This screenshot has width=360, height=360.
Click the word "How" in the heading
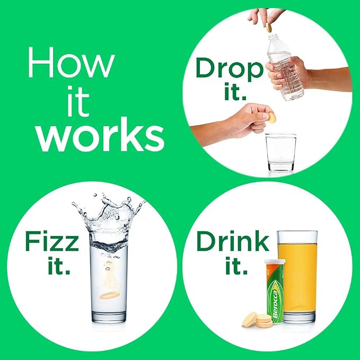pos(71,62)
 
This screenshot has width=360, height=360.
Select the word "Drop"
pos(230,68)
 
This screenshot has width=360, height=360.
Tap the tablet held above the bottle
pos(269,27)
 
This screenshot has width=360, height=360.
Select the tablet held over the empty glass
pos(271,118)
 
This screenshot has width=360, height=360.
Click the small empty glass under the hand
pos(281,153)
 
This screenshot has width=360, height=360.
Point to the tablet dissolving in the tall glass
pos(110,295)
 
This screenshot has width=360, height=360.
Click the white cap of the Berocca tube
pos(275,262)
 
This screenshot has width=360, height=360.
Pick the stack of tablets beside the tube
pos(258,319)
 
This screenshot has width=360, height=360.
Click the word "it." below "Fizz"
pos(59,266)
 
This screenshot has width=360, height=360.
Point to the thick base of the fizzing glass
pos(109,317)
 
